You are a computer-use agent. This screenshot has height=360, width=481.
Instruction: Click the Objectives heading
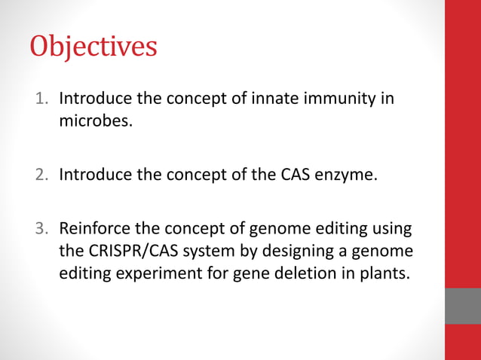tap(93, 47)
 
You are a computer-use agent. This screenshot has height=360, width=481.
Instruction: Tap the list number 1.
tap(44, 99)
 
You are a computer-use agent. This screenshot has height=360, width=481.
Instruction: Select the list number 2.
tap(43, 176)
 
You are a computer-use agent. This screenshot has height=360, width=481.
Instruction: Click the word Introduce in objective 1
tap(93, 99)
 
